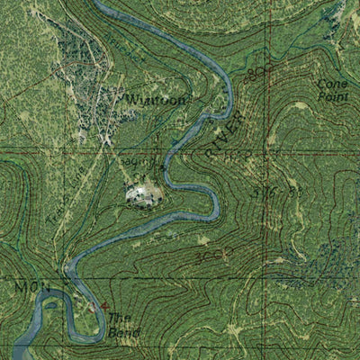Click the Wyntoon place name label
[156, 99]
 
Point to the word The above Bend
[119, 319]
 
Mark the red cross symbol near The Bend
[105, 308]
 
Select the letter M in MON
[19, 285]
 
